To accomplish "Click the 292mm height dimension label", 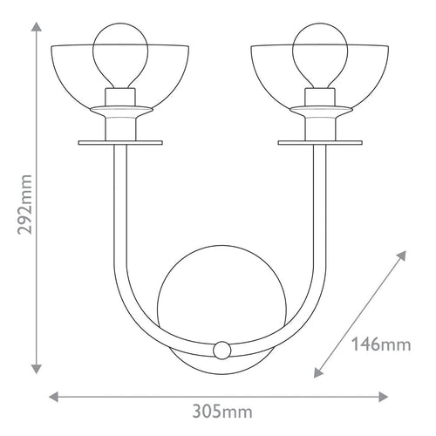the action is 24,204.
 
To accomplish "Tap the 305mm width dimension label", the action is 222,412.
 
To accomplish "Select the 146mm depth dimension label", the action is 381,344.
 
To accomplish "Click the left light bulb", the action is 120,55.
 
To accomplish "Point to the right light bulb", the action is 320,55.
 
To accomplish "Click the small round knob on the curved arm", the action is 222,350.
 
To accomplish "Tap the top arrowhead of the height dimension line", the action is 37,26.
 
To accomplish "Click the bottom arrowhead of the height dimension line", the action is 37,369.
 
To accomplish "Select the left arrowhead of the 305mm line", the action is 54,397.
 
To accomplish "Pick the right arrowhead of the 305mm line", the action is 383,397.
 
